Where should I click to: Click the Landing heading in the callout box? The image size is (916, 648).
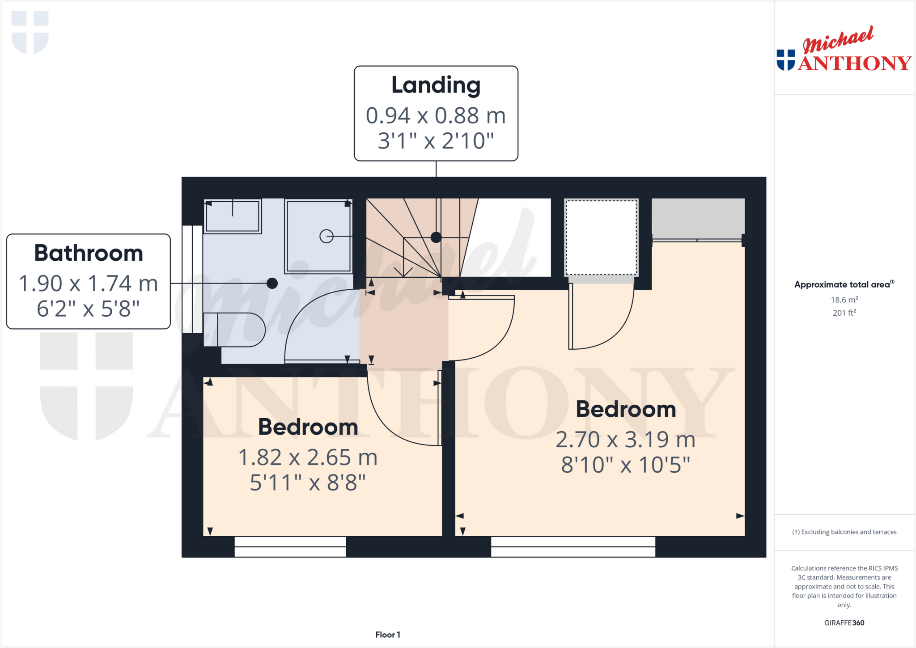436,85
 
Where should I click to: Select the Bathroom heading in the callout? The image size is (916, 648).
89,253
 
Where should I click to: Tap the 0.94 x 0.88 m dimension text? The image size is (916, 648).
436,115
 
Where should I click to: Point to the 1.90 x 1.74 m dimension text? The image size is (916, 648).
89,284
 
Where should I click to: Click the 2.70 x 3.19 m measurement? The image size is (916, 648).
625,440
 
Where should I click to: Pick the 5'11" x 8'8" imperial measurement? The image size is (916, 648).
308,483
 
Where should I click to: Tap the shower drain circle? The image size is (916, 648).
327,236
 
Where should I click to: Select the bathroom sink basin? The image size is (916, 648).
233,216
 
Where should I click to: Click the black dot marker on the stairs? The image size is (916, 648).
436,237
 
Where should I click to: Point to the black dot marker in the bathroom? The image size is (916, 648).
272,283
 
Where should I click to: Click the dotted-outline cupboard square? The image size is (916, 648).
601,237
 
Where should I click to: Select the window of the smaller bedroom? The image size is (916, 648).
290,546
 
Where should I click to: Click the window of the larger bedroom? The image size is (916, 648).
573,546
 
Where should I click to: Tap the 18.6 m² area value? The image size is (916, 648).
844,300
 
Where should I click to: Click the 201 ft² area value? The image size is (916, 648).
844,313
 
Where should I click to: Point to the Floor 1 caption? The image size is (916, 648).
388,635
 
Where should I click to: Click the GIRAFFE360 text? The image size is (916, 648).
844,623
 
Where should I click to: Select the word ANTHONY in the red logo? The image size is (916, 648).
854,64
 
